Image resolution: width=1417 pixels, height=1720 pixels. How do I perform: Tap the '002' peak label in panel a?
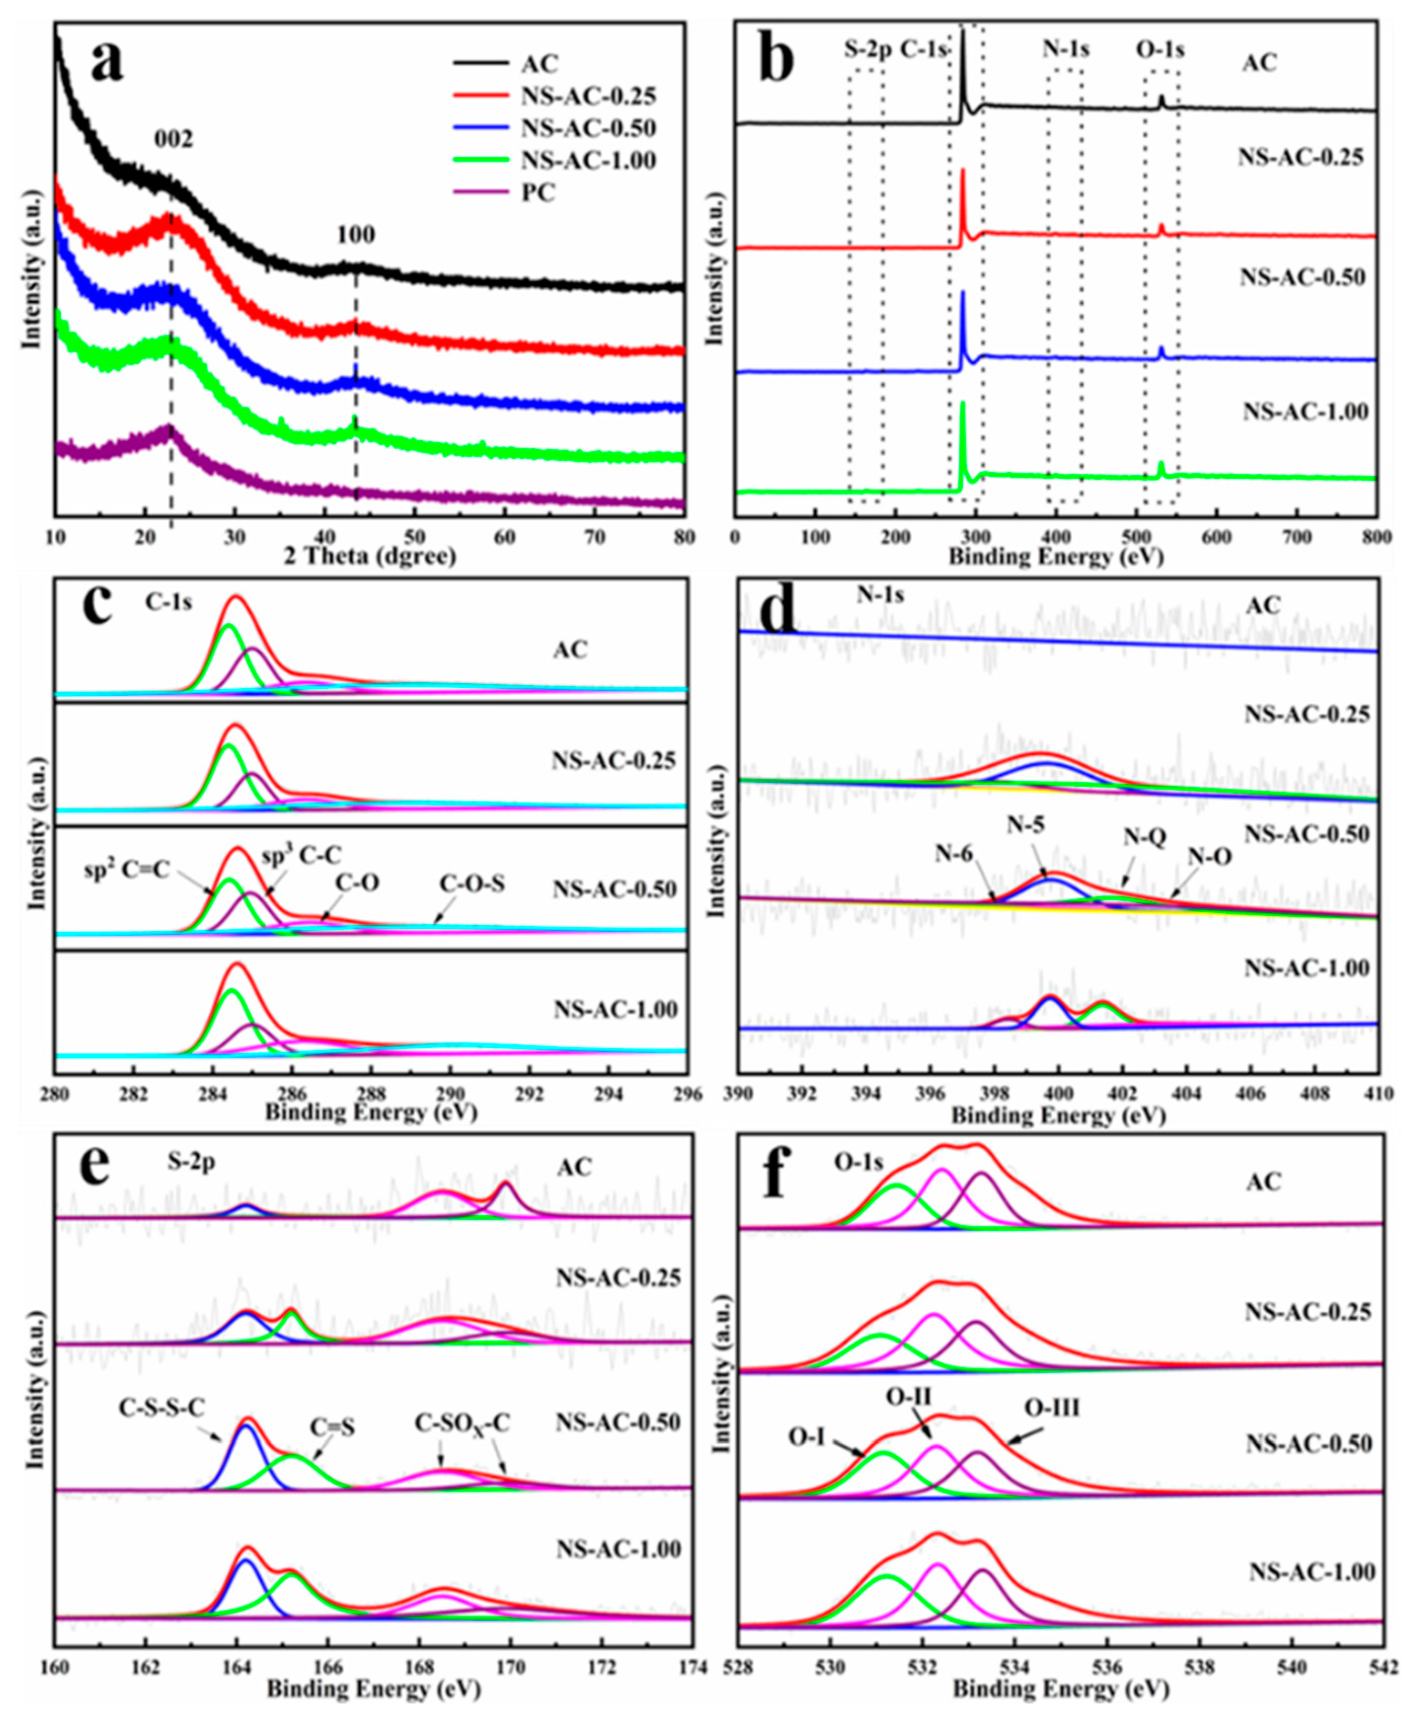(174, 140)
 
